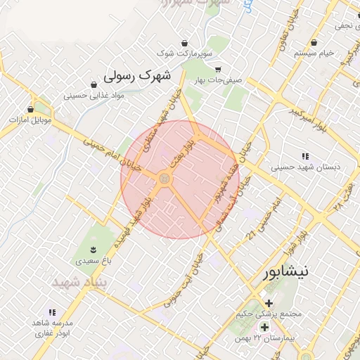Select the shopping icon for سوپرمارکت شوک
click(184, 43)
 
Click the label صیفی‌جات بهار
click(219, 80)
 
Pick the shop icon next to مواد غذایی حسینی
click(94, 84)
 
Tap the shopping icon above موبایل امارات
click(30, 110)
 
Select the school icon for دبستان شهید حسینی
click(304, 156)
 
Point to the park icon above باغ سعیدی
click(93, 250)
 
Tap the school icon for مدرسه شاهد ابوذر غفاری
click(51, 311)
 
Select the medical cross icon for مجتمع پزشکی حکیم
click(269, 303)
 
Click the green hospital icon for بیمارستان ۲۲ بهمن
click(264, 328)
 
